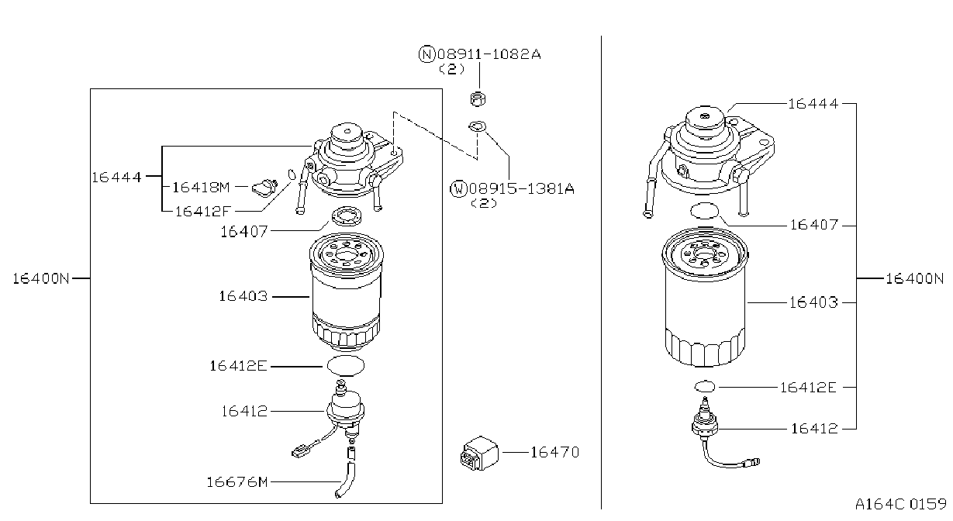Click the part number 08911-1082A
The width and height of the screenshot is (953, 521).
489,54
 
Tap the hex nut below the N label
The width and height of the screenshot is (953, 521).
478,98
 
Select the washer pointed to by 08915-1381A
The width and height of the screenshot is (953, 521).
478,126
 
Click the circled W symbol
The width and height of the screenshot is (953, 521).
458,188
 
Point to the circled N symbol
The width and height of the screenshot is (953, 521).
426,54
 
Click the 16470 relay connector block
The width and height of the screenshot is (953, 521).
479,454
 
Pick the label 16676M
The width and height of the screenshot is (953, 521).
237,482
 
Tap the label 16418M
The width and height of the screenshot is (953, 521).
201,187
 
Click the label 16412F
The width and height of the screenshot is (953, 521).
203,212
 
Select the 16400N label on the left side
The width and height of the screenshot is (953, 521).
41,278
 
